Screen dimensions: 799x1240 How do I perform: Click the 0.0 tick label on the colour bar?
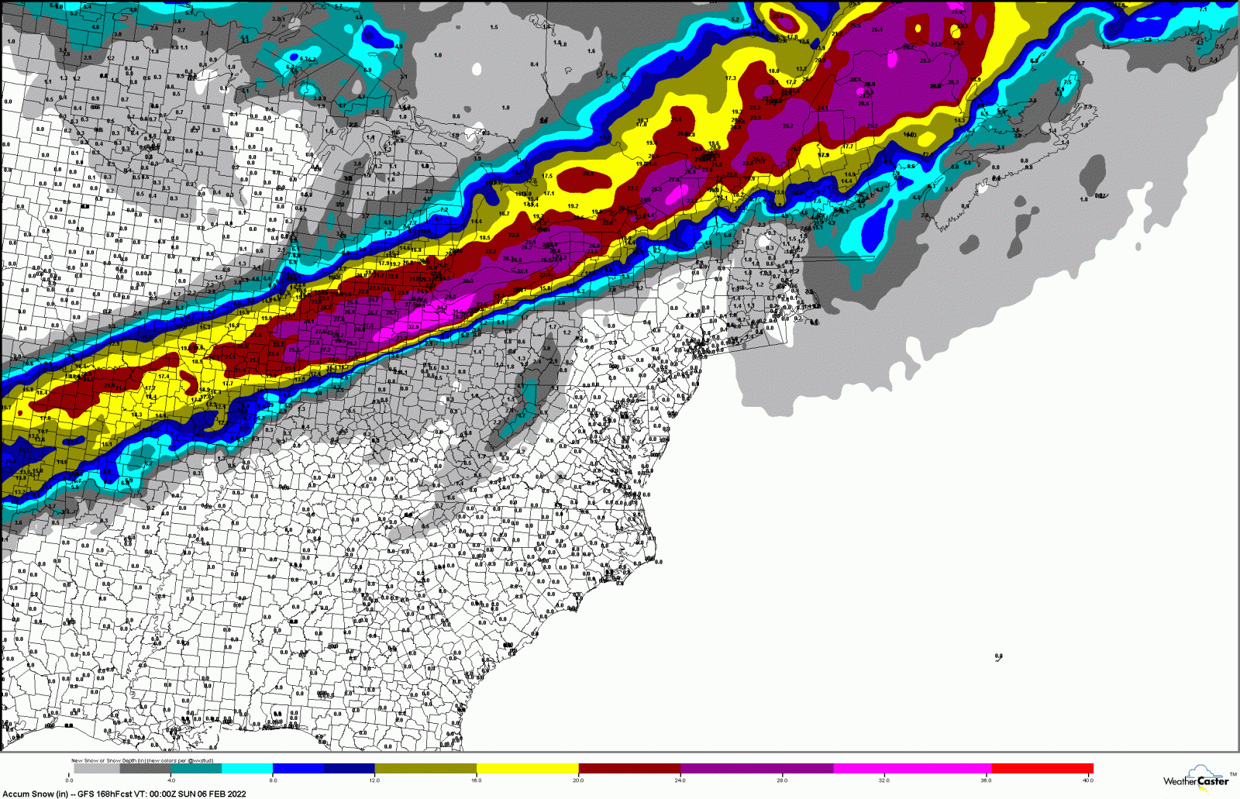(x=70, y=780)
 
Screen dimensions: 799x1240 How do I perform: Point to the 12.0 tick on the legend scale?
(x=374, y=780)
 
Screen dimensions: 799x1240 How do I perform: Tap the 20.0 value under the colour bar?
(x=578, y=780)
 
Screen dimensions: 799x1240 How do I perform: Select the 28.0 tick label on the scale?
(x=782, y=780)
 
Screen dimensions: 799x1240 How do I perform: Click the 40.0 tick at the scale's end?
(x=1088, y=780)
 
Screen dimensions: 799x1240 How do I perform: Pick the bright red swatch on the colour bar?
(x=1042, y=769)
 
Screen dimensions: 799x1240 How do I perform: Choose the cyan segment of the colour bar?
(x=247, y=769)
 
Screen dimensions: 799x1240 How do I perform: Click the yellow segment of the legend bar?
(x=527, y=769)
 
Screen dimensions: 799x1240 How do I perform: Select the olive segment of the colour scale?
(x=425, y=769)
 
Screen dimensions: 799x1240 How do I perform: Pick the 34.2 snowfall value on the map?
(x=443, y=308)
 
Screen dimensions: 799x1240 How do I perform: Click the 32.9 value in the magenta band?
(x=413, y=327)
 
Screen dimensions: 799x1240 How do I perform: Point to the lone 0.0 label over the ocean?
(x=998, y=656)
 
